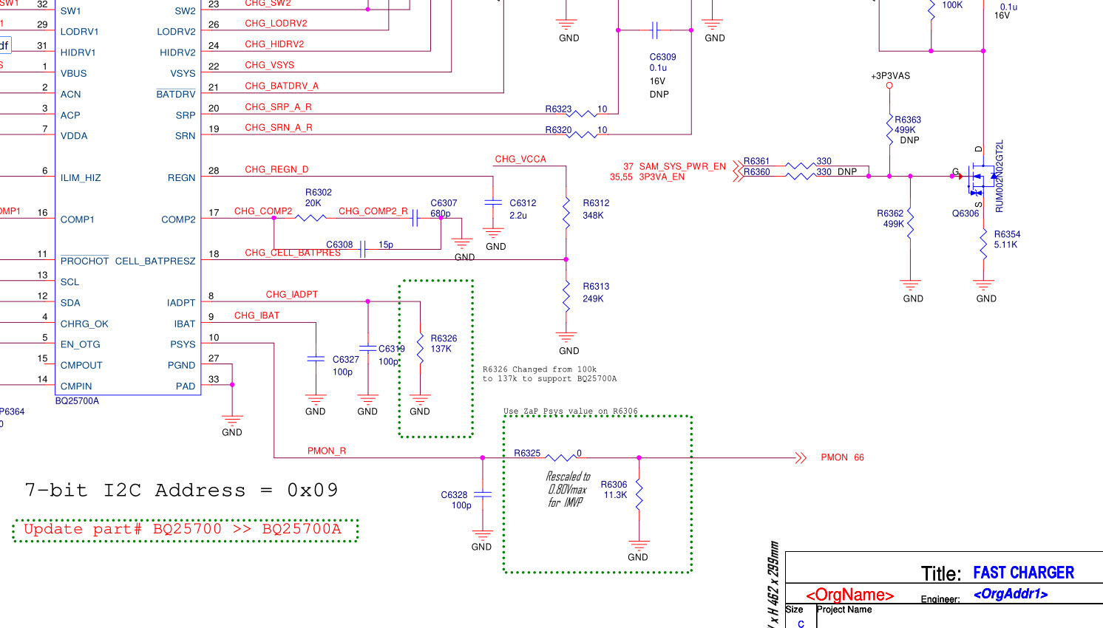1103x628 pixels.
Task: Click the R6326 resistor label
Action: (444, 338)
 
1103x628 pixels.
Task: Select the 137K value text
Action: (441, 349)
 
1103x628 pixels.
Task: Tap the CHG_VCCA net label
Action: (520, 159)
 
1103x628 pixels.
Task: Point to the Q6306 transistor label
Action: (965, 214)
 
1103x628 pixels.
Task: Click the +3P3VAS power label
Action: (890, 76)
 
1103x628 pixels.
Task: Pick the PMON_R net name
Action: (327, 451)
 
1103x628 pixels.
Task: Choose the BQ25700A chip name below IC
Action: (77, 401)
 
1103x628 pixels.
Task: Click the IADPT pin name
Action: (181, 303)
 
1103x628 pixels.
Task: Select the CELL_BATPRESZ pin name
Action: (155, 261)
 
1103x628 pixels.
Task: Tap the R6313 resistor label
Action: (596, 287)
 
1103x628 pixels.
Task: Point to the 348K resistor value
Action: (593, 216)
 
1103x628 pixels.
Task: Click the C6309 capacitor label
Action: (662, 57)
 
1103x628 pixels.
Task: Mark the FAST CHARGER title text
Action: (1023, 573)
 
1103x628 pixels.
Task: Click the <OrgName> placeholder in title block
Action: (849, 595)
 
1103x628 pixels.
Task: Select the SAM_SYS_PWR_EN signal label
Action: (682, 167)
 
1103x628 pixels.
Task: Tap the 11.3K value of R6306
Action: (615, 495)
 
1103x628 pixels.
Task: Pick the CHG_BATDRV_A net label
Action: (282, 86)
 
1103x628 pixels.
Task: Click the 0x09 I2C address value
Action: (312, 491)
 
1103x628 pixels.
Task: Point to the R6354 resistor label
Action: (1007, 234)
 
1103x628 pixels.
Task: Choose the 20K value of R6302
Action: (313, 203)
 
